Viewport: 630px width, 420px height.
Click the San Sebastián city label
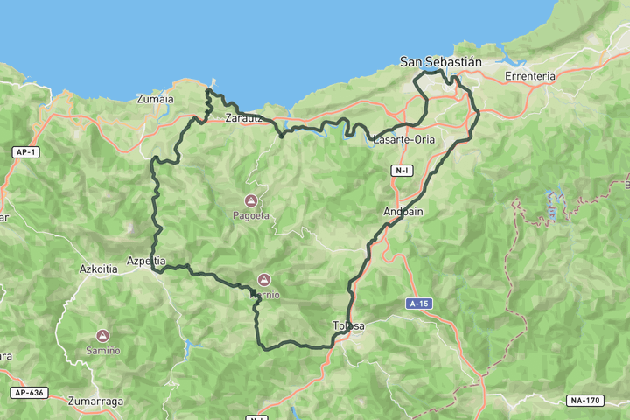click(x=441, y=61)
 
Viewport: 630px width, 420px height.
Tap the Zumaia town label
click(x=155, y=99)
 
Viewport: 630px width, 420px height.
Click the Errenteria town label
click(x=530, y=76)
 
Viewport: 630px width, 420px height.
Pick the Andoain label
click(x=402, y=212)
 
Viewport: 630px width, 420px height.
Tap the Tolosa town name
click(x=348, y=326)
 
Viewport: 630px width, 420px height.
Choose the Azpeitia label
click(x=146, y=261)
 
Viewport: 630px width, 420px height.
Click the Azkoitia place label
click(x=98, y=269)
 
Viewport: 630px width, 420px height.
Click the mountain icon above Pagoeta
click(x=251, y=199)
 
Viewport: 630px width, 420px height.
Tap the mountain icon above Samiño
click(x=102, y=336)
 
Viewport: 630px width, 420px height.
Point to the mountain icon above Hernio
click(x=263, y=280)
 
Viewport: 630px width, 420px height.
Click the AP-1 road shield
click(x=25, y=152)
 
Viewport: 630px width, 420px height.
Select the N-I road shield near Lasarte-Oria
click(x=402, y=170)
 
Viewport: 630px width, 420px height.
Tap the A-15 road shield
click(x=419, y=303)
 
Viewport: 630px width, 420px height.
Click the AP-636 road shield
click(x=28, y=393)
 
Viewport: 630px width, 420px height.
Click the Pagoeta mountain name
click(x=251, y=215)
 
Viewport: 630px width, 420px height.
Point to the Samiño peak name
click(x=102, y=351)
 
